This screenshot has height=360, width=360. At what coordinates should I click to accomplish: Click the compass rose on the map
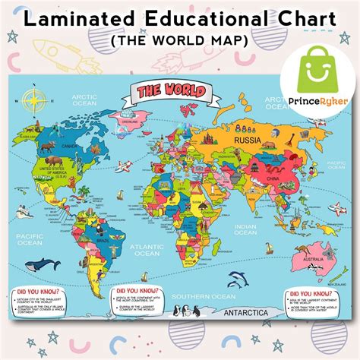pos(33,99)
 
